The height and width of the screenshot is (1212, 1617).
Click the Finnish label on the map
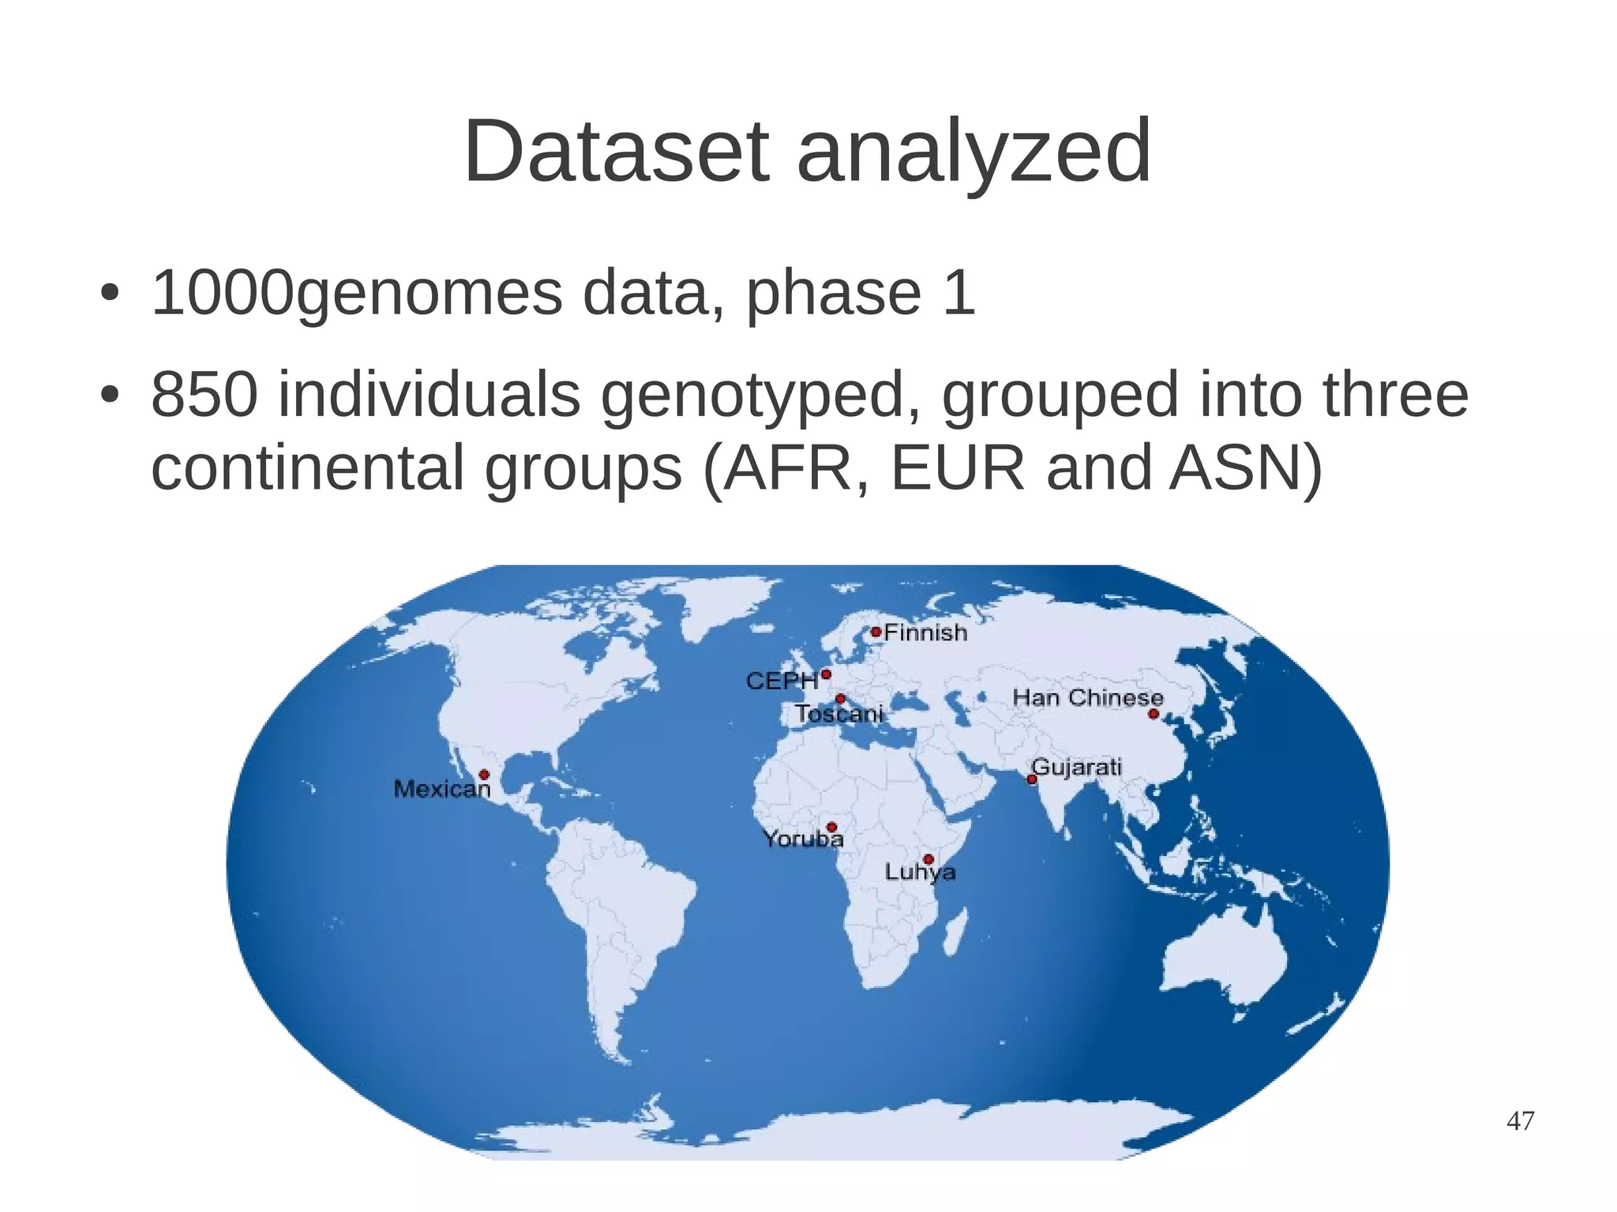pos(925,632)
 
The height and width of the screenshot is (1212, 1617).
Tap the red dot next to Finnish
pos(876,632)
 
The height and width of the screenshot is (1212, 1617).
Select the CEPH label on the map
pos(782,681)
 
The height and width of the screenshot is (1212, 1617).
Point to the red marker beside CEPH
pos(826,674)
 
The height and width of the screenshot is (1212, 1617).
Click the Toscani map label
pos(839,714)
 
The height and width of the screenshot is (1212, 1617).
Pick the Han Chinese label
pos(1087,697)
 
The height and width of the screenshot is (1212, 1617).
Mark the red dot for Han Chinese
pos(1154,714)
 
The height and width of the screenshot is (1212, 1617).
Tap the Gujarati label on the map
pos(1077,767)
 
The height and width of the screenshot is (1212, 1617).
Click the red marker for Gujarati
pos(1032,779)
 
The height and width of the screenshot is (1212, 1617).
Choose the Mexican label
pos(442,789)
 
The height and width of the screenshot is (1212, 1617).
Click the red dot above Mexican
pos(484,775)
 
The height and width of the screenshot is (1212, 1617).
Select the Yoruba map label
pos(803,839)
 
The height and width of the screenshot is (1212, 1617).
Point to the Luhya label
pos(920,872)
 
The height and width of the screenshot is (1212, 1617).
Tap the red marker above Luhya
pos(929,859)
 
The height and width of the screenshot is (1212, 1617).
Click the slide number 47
pos(1521,1120)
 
